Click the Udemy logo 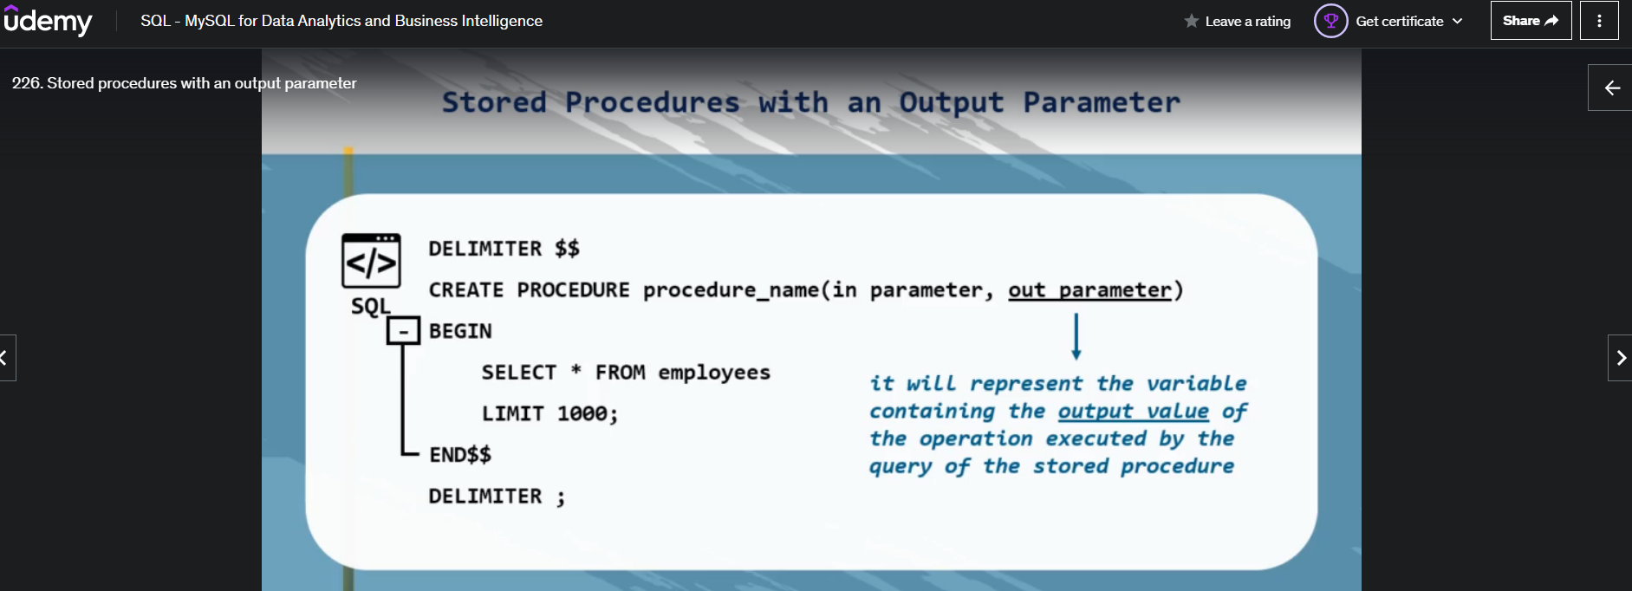point(48,20)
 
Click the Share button point(1531,21)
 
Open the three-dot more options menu point(1599,21)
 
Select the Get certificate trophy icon point(1330,21)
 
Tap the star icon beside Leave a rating point(1192,21)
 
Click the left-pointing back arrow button point(1611,88)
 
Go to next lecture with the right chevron point(1620,358)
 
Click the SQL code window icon point(371,260)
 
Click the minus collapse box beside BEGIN point(403,331)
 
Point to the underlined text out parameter point(1089,290)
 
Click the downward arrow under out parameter point(1076,336)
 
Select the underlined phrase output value point(1133,411)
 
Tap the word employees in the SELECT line point(714,373)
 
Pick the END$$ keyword point(460,455)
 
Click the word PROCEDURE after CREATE point(573,290)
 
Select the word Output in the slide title point(952,103)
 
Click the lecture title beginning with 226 point(184,83)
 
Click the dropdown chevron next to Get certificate point(1457,21)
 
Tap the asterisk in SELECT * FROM point(575,370)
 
